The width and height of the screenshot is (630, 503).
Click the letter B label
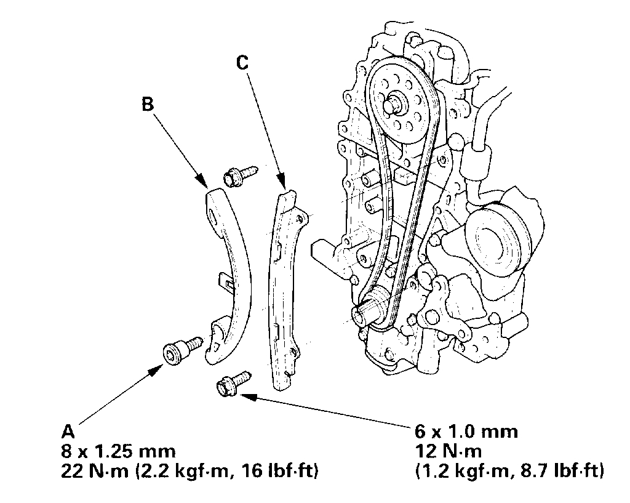tap(148, 103)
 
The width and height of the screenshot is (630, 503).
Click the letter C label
tap(242, 62)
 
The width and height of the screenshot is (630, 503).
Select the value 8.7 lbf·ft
tap(557, 472)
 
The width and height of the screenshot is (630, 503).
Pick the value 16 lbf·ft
tap(283, 472)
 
